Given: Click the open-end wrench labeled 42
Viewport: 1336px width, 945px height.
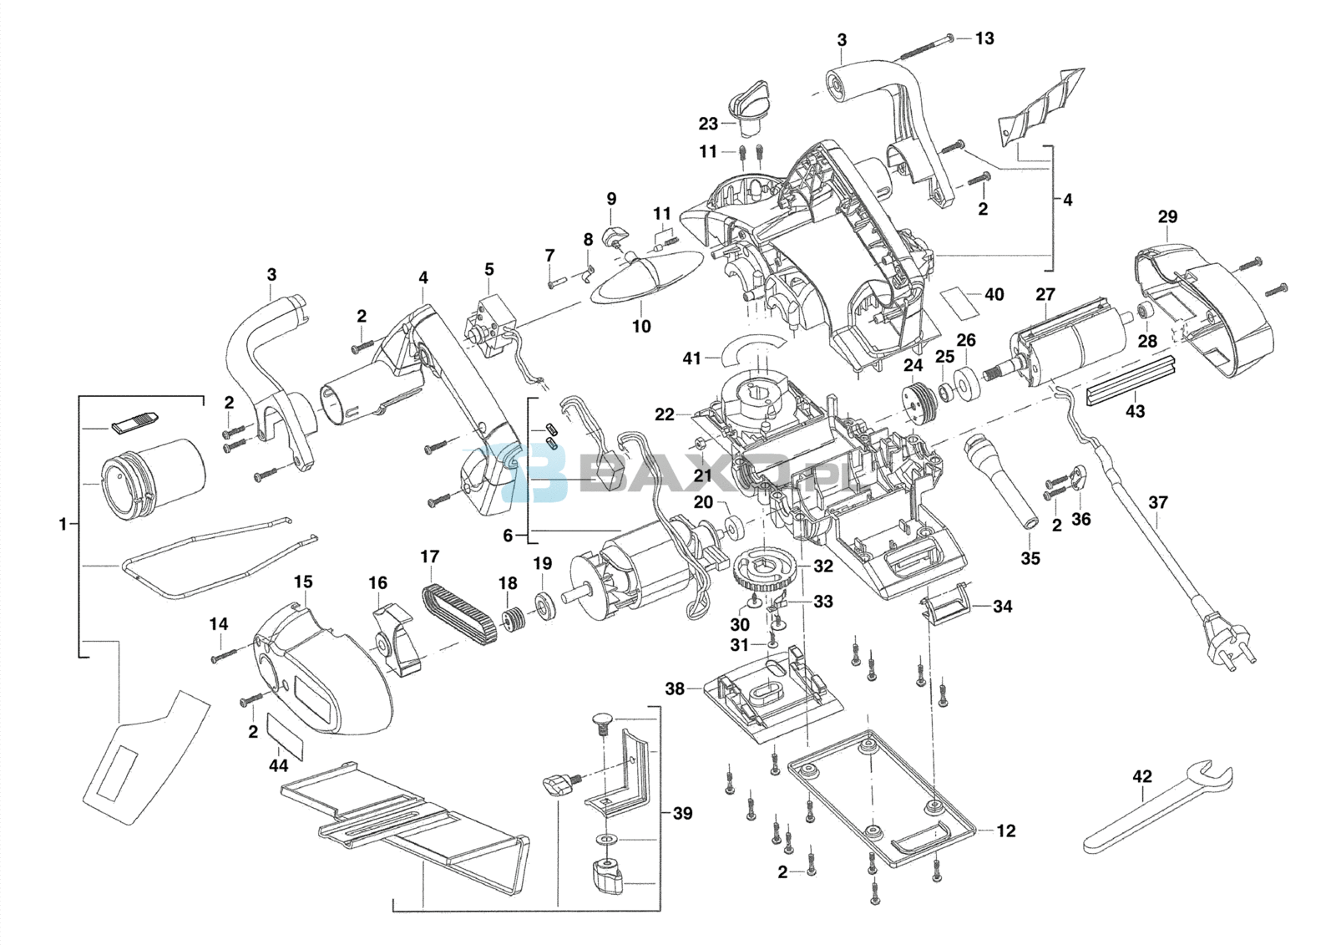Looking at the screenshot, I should click(1156, 807).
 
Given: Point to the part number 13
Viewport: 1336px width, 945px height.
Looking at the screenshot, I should click(984, 38).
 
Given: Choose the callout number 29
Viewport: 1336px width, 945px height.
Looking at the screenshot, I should click(1167, 217).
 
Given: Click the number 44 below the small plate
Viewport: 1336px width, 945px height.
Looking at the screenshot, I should click(278, 765).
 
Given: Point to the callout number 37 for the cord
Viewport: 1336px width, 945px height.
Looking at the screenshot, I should click(1158, 502).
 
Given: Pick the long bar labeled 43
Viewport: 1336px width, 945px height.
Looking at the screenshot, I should click(1131, 381).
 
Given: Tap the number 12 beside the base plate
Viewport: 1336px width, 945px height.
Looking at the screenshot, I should click(1006, 831).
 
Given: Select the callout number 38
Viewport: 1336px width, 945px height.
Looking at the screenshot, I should click(675, 688).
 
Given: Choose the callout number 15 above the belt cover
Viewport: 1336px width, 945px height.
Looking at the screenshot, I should click(303, 582).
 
